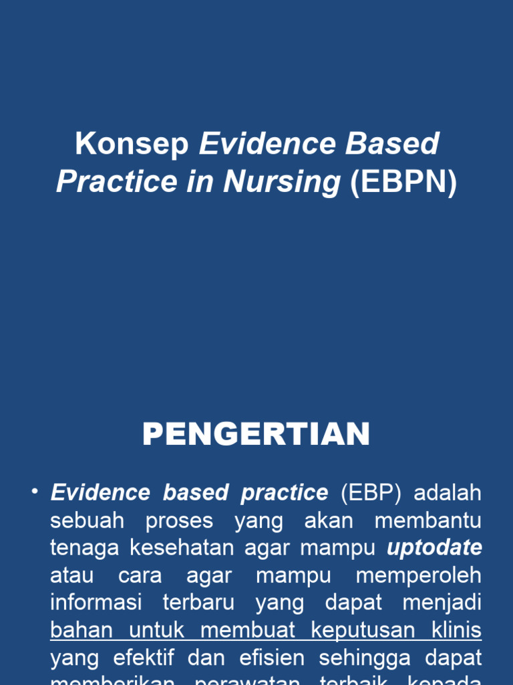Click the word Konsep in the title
(x=132, y=144)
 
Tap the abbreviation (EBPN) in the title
(x=404, y=181)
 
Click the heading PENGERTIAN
(x=256, y=434)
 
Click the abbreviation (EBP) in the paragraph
(x=371, y=493)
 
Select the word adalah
(x=448, y=493)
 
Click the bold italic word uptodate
(x=435, y=548)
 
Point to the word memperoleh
(x=418, y=575)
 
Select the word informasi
(x=96, y=603)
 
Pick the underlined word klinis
(x=456, y=630)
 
